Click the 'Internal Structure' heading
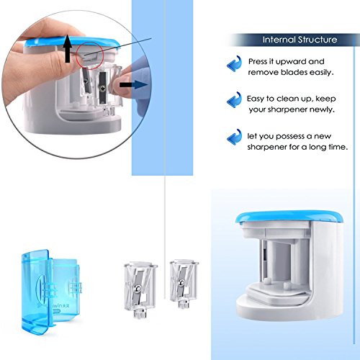coord(300,40)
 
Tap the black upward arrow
coord(68,49)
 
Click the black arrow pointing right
coord(133,85)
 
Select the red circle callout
coord(89,55)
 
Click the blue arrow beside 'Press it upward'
coord(234,63)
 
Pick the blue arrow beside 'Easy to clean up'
coord(234,100)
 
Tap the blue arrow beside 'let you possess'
coord(234,137)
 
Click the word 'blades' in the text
coord(294,72)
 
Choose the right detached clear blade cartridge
coord(184,284)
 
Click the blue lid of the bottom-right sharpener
coord(290,217)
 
